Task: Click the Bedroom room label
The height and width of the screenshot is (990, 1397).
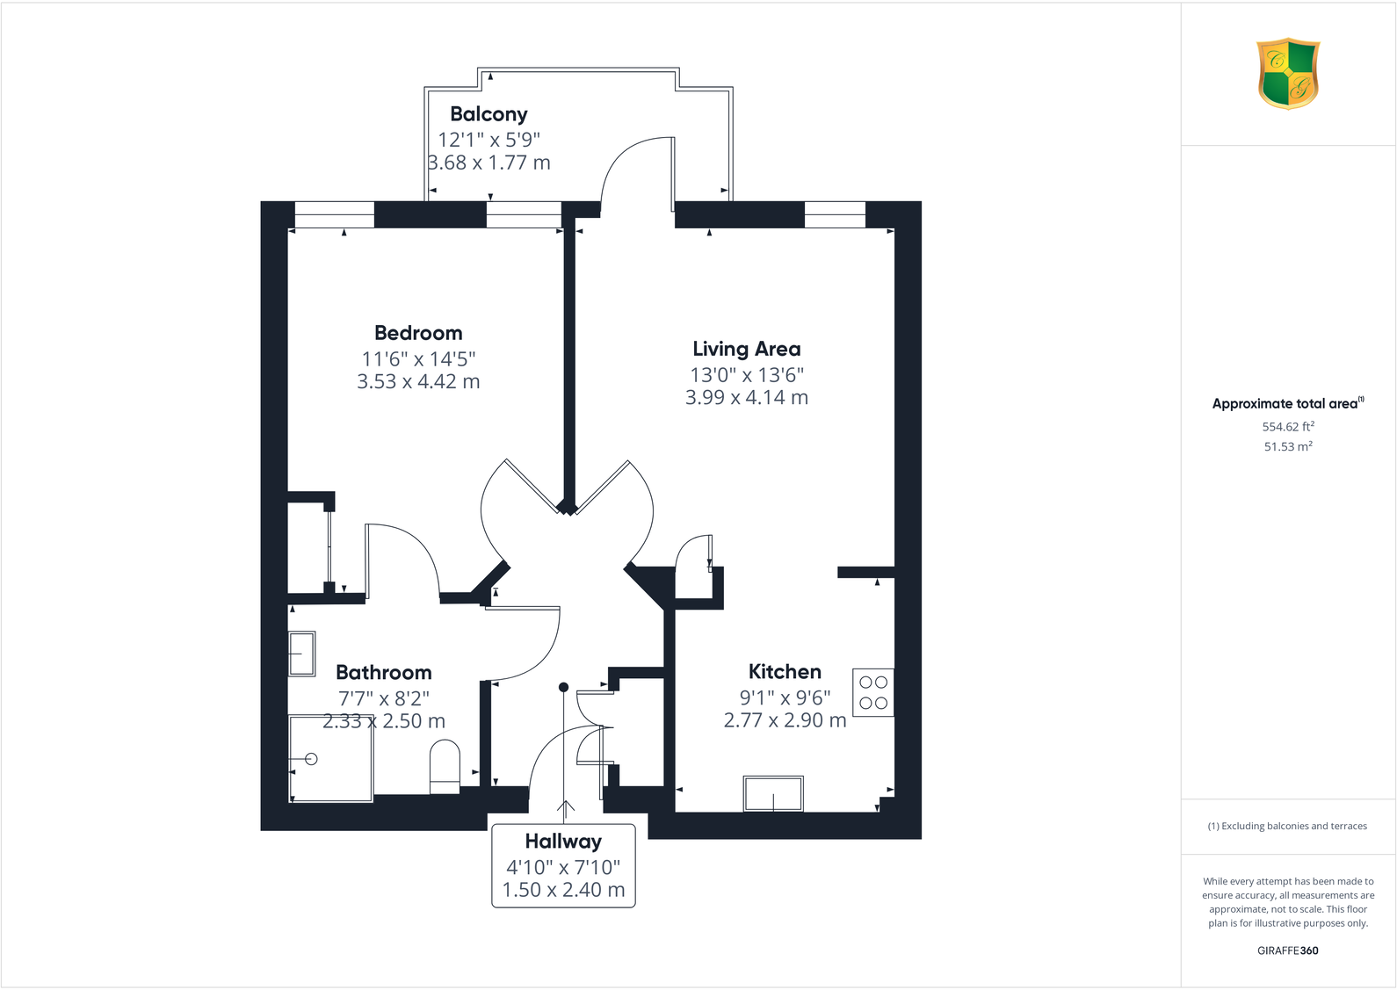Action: point(418,333)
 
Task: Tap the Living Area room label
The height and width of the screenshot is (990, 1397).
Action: point(746,349)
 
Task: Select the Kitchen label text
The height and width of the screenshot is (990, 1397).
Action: point(785,672)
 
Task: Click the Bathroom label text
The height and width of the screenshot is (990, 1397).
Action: point(384,673)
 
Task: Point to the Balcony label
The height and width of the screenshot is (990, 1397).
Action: point(489,114)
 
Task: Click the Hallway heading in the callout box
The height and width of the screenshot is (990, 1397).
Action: point(563,842)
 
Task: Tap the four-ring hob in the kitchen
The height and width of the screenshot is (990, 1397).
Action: point(873,692)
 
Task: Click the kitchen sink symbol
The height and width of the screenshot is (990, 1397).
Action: point(773,794)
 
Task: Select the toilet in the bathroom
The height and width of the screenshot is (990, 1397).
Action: point(445,766)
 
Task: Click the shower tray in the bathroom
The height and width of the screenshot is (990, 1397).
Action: point(331,759)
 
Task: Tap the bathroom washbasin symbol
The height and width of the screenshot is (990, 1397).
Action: point(302,654)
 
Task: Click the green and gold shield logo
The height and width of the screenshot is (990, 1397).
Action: point(1288,73)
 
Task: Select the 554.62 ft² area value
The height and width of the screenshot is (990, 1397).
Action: point(1288,427)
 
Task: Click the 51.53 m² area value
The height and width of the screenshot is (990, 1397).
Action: point(1288,446)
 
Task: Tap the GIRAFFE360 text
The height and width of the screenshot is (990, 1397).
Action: point(1287,950)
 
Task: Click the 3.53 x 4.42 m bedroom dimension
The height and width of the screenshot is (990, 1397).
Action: point(418,381)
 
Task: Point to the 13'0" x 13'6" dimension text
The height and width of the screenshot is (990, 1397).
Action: point(746,375)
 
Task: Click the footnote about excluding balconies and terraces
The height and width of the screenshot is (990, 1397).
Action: point(1287,826)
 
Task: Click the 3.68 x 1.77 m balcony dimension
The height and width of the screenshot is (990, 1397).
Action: point(489,163)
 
